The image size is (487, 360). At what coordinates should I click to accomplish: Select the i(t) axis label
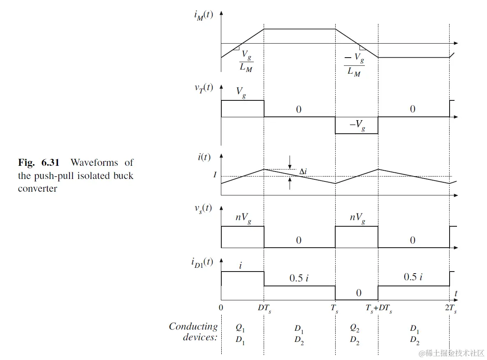click(204, 157)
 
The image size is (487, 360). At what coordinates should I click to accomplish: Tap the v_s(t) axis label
click(204, 209)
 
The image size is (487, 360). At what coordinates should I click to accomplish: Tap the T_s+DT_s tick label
click(378, 308)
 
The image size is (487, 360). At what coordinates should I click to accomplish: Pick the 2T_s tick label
click(450, 308)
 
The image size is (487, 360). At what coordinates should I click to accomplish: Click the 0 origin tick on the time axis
click(221, 308)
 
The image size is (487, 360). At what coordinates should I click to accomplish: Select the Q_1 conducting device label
click(240, 328)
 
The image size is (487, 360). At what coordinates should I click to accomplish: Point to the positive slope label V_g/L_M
click(246, 61)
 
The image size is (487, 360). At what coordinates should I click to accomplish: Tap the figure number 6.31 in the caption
click(51, 163)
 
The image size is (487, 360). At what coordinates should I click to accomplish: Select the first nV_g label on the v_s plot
click(243, 218)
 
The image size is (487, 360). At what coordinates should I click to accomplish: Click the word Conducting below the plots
click(193, 327)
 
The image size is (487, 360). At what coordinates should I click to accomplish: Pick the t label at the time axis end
click(456, 293)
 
